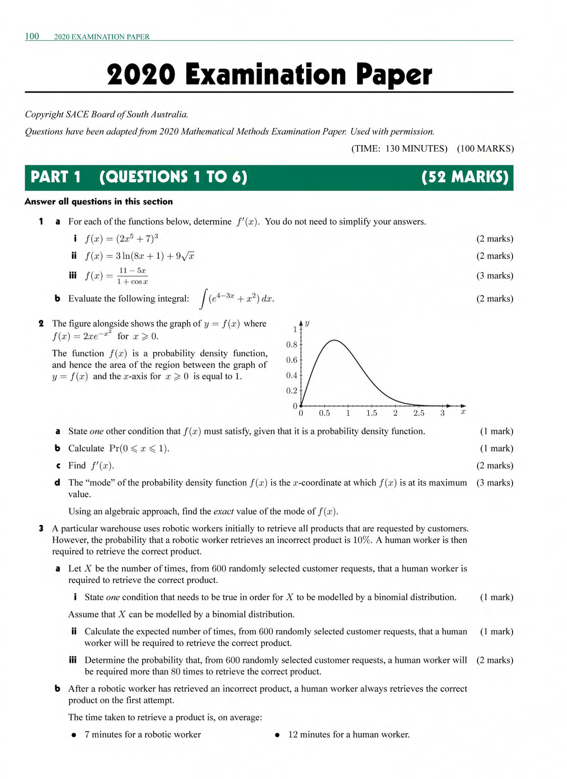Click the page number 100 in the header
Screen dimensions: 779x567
coord(32,36)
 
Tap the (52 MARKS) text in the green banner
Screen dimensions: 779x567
coord(464,177)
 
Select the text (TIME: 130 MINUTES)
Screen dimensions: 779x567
coord(399,149)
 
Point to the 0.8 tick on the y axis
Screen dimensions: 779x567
coord(292,344)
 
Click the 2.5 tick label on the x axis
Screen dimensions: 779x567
coord(419,413)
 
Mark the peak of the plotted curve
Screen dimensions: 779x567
coord(334,340)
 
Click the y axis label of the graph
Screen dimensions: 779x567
coord(308,324)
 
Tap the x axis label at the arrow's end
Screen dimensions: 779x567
coord(463,412)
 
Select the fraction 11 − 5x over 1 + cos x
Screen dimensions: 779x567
coord(132,276)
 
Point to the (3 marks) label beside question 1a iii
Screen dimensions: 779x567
coord(494,275)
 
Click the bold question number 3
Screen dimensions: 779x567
coord(41,528)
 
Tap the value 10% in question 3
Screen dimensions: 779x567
coord(362,540)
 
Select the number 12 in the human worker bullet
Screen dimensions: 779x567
coord(293,735)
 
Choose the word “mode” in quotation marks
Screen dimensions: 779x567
coord(100,483)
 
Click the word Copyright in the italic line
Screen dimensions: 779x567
coord(44,114)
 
